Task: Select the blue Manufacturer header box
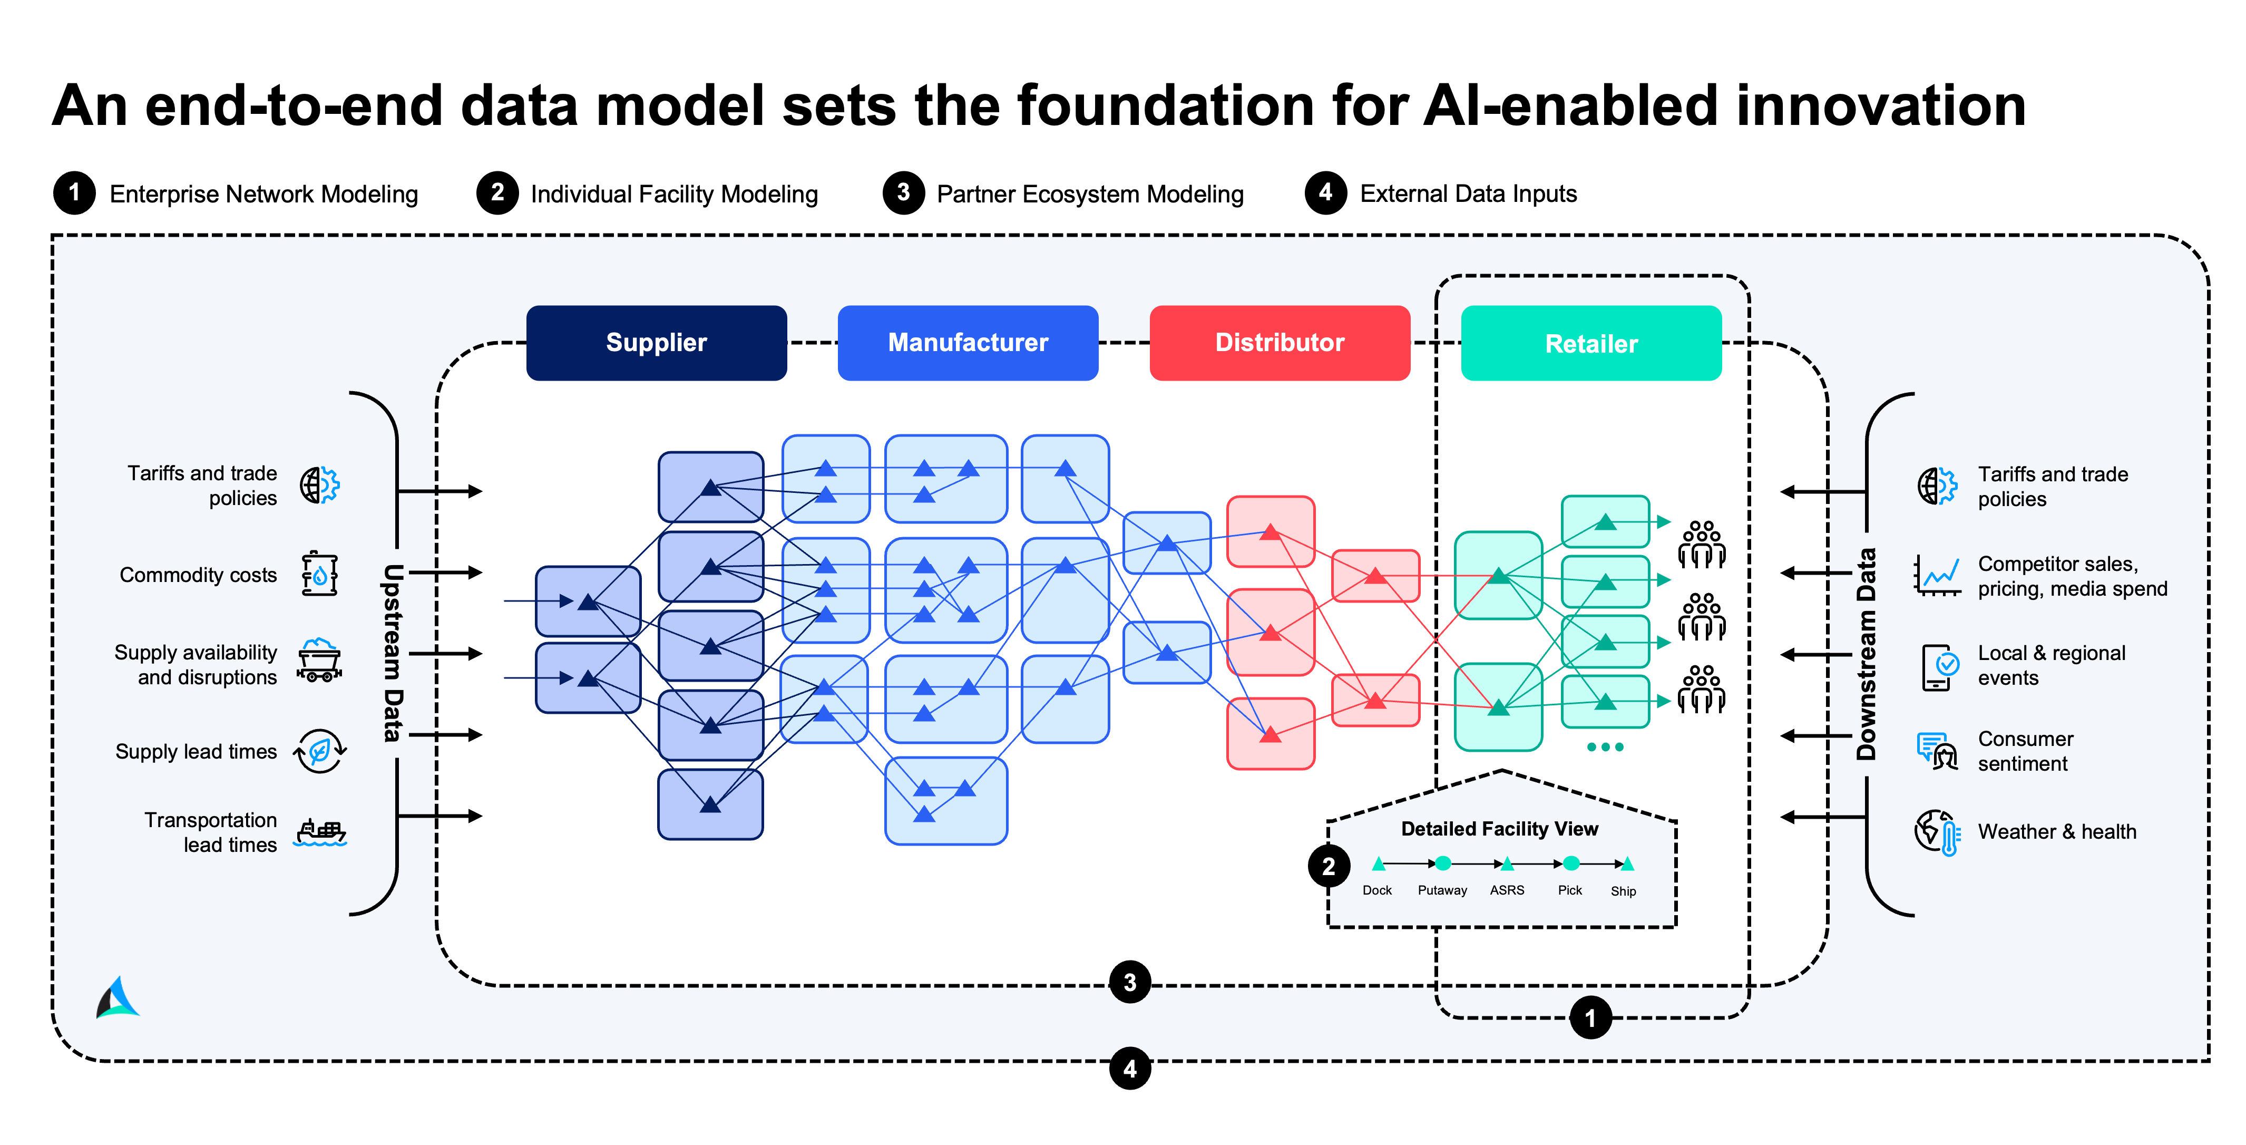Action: pos(967,343)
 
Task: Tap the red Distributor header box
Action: pos(1279,343)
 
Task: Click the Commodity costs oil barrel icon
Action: pos(319,574)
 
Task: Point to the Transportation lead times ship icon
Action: pos(320,833)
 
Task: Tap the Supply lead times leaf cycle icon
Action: pos(320,751)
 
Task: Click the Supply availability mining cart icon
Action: pos(319,660)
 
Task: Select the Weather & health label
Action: pos(2056,832)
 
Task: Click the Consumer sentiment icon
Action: pos(1937,751)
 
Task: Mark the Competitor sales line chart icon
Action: pos(1937,576)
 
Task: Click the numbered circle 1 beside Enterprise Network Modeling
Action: pos(74,193)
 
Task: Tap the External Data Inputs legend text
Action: pos(1468,193)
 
